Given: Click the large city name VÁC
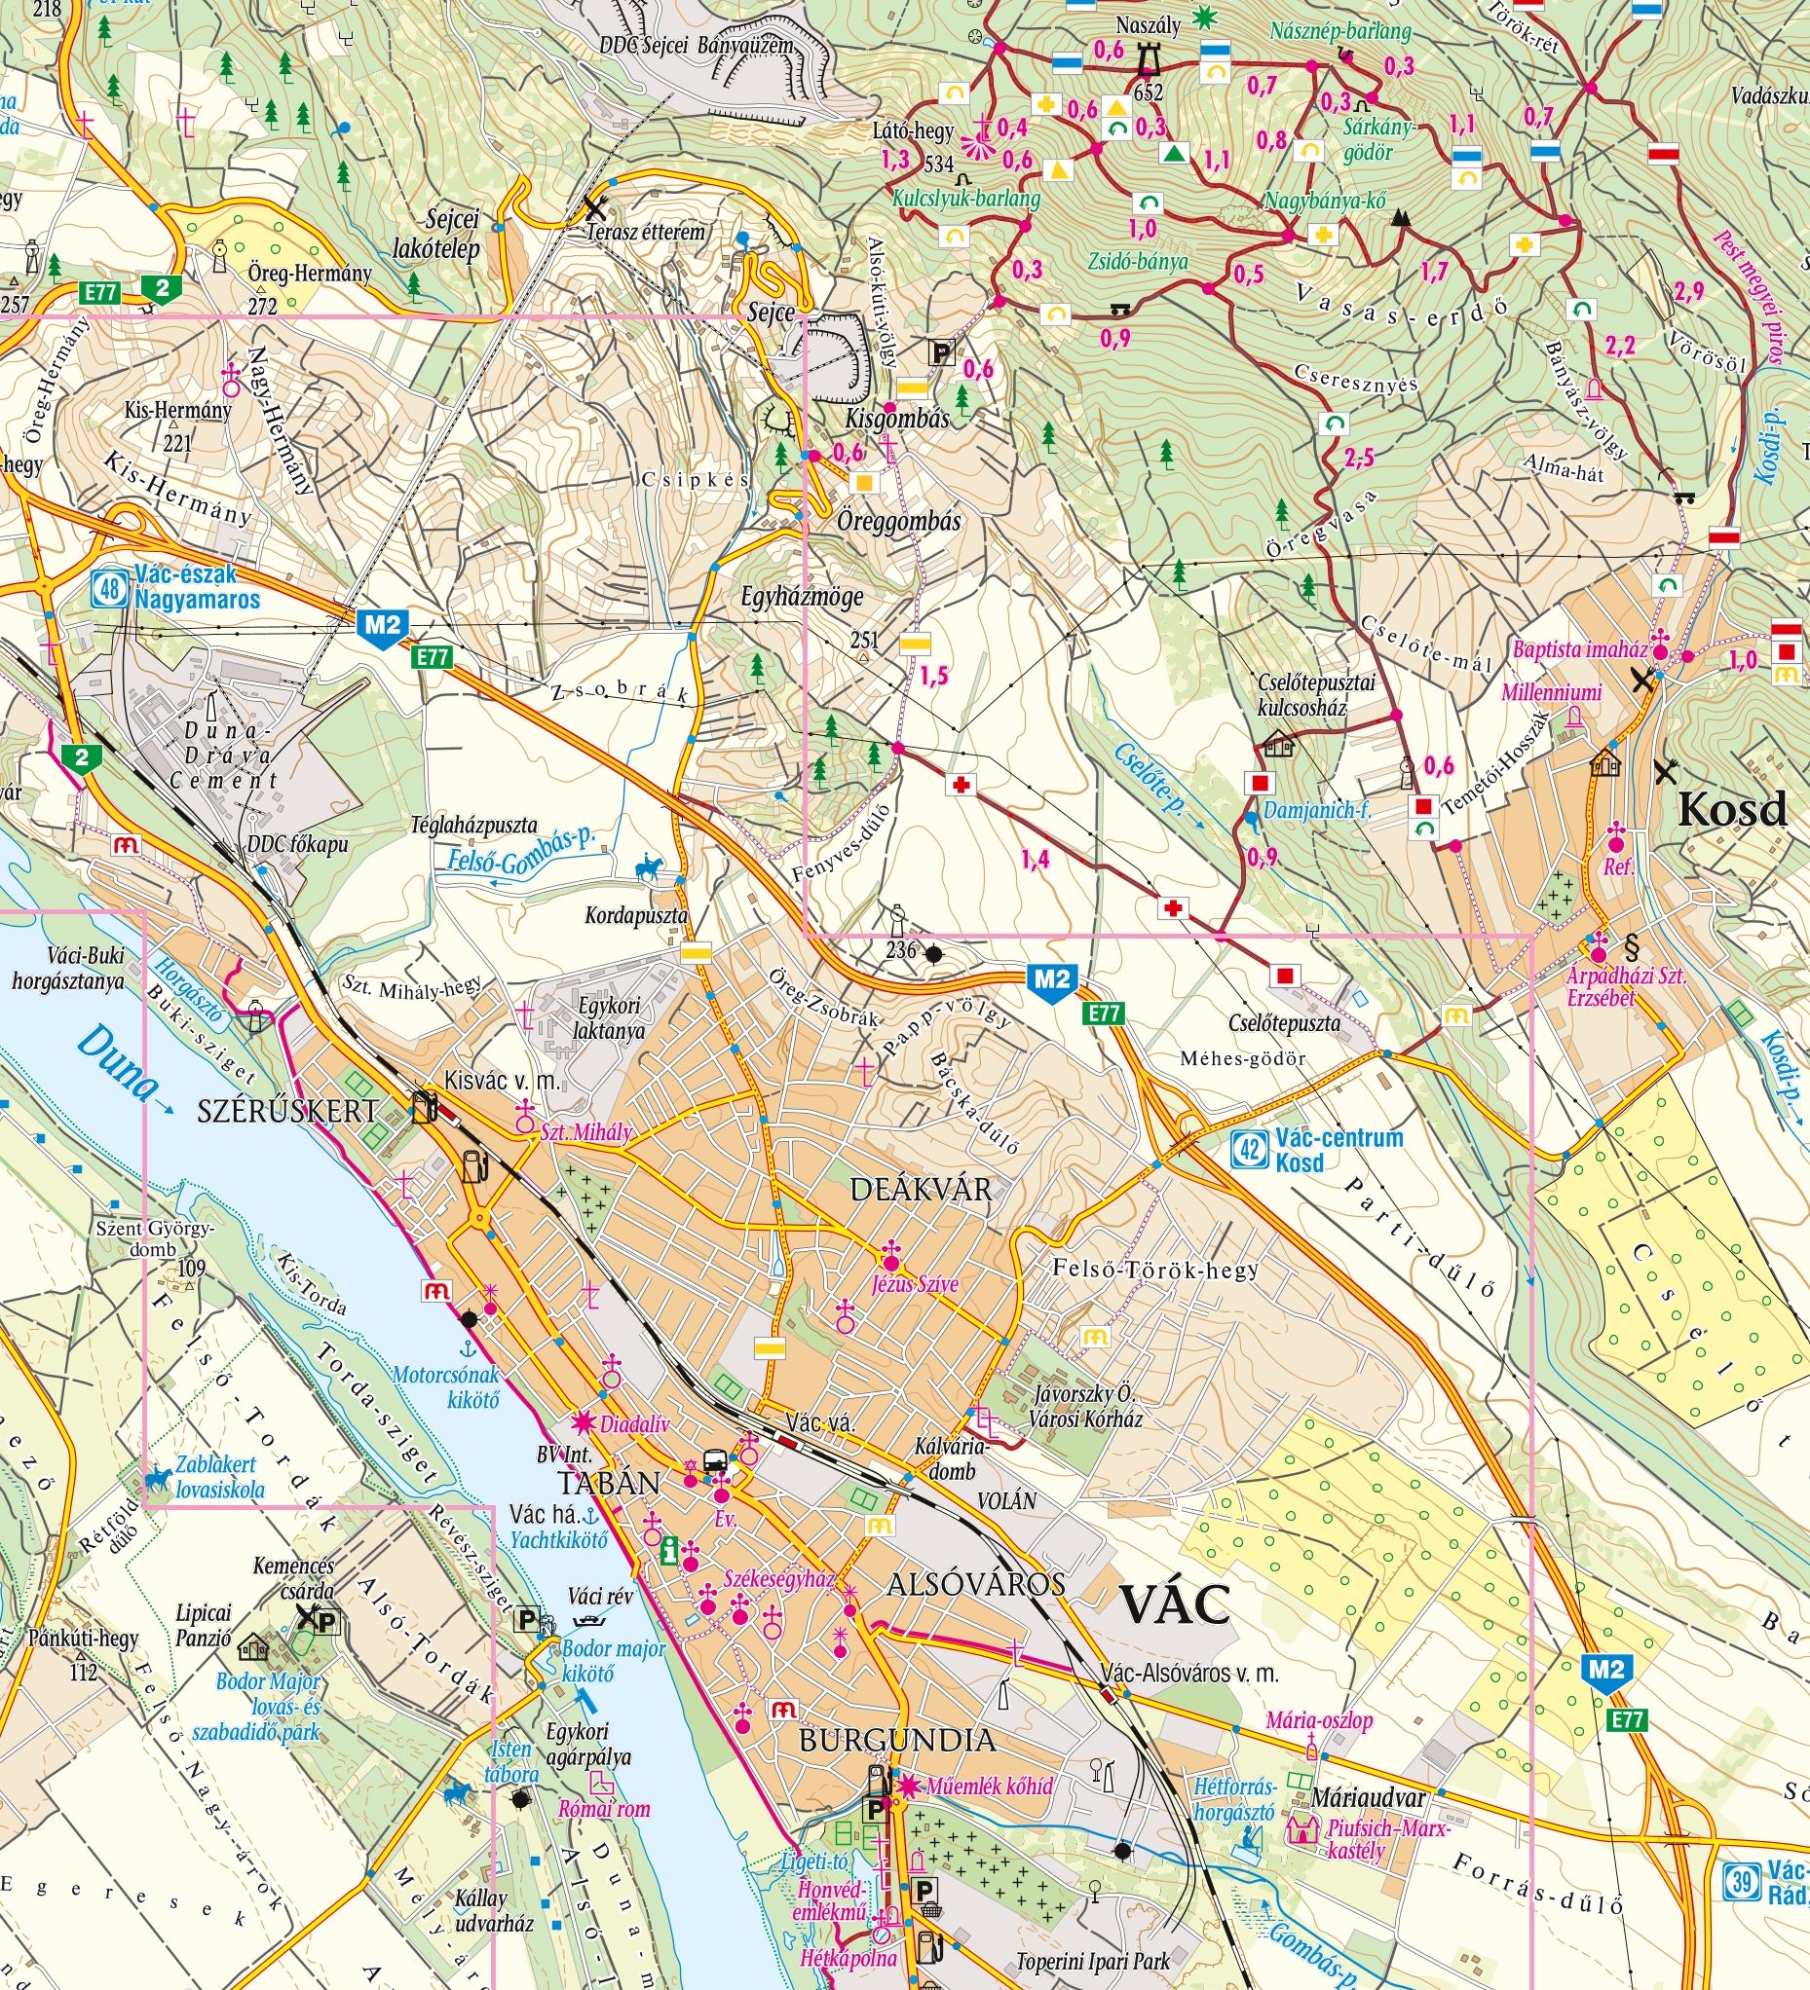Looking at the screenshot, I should [x=1174, y=1605].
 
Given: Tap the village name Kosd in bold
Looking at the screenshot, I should [x=1733, y=810].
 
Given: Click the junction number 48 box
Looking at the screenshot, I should [x=110, y=589].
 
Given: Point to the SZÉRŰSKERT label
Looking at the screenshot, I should [x=286, y=1112].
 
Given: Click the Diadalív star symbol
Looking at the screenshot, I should [x=584, y=1422].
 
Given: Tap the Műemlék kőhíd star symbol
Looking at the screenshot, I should [x=906, y=1786].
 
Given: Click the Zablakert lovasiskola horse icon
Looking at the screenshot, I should [x=158, y=1477].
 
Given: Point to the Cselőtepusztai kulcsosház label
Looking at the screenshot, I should [x=1302, y=694].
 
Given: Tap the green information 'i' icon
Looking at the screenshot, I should [x=670, y=1551].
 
